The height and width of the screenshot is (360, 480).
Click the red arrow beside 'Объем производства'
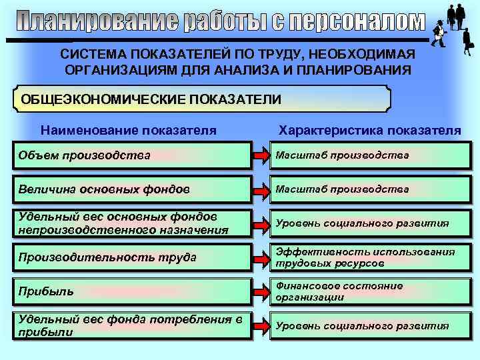point(261,156)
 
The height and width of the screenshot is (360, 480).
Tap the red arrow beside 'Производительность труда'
point(261,257)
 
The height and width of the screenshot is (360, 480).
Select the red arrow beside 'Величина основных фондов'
point(261,190)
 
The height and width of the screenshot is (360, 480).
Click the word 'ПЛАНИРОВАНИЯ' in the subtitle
point(357,69)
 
